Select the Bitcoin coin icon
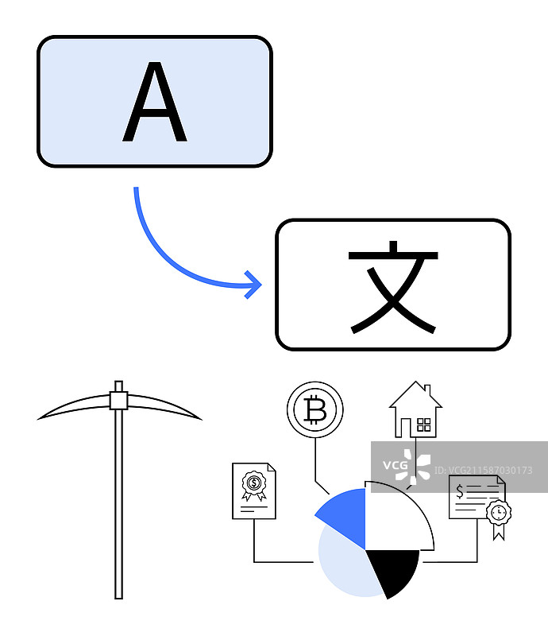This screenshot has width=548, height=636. coord(315,410)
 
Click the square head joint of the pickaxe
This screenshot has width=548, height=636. coord(119,400)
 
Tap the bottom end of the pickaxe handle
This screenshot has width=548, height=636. coord(119,595)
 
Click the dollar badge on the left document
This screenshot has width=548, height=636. coord(253,483)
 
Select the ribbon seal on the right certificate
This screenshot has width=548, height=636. coord(498,515)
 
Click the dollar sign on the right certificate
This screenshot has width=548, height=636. coord(460,491)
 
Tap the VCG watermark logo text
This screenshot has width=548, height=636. coord(395,465)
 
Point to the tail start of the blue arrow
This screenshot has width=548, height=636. coord(137,189)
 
